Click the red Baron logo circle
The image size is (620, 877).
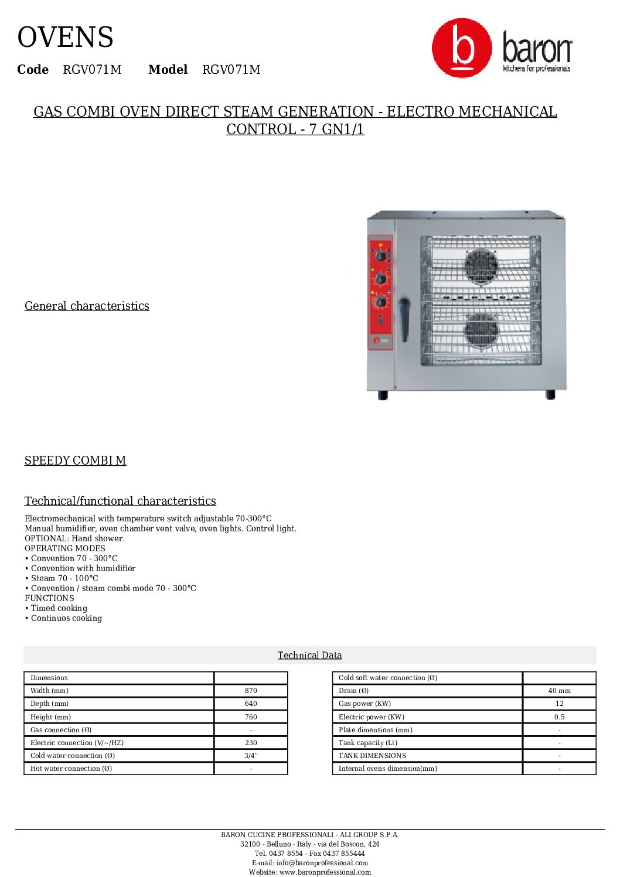coord(462,48)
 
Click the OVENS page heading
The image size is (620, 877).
coord(65,37)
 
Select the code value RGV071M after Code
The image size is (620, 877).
coord(92,70)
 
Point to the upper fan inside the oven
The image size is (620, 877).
coord(481,266)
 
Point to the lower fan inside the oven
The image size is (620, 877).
coord(481,330)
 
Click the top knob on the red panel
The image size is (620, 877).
coord(380,256)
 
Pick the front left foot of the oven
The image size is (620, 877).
coord(383,395)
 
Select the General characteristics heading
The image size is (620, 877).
coord(87,306)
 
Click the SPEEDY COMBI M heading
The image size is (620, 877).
coord(75,460)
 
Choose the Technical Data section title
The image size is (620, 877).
coord(309,655)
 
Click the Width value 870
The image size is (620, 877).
coord(251,691)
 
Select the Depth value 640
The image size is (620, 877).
coord(251,704)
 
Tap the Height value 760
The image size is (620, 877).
coord(251,716)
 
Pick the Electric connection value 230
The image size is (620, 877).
coord(251,743)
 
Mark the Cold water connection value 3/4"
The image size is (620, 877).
coord(251,756)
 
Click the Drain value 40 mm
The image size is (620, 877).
coord(559,691)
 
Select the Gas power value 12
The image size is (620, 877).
coord(559,704)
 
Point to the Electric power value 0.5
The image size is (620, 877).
coord(559,716)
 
